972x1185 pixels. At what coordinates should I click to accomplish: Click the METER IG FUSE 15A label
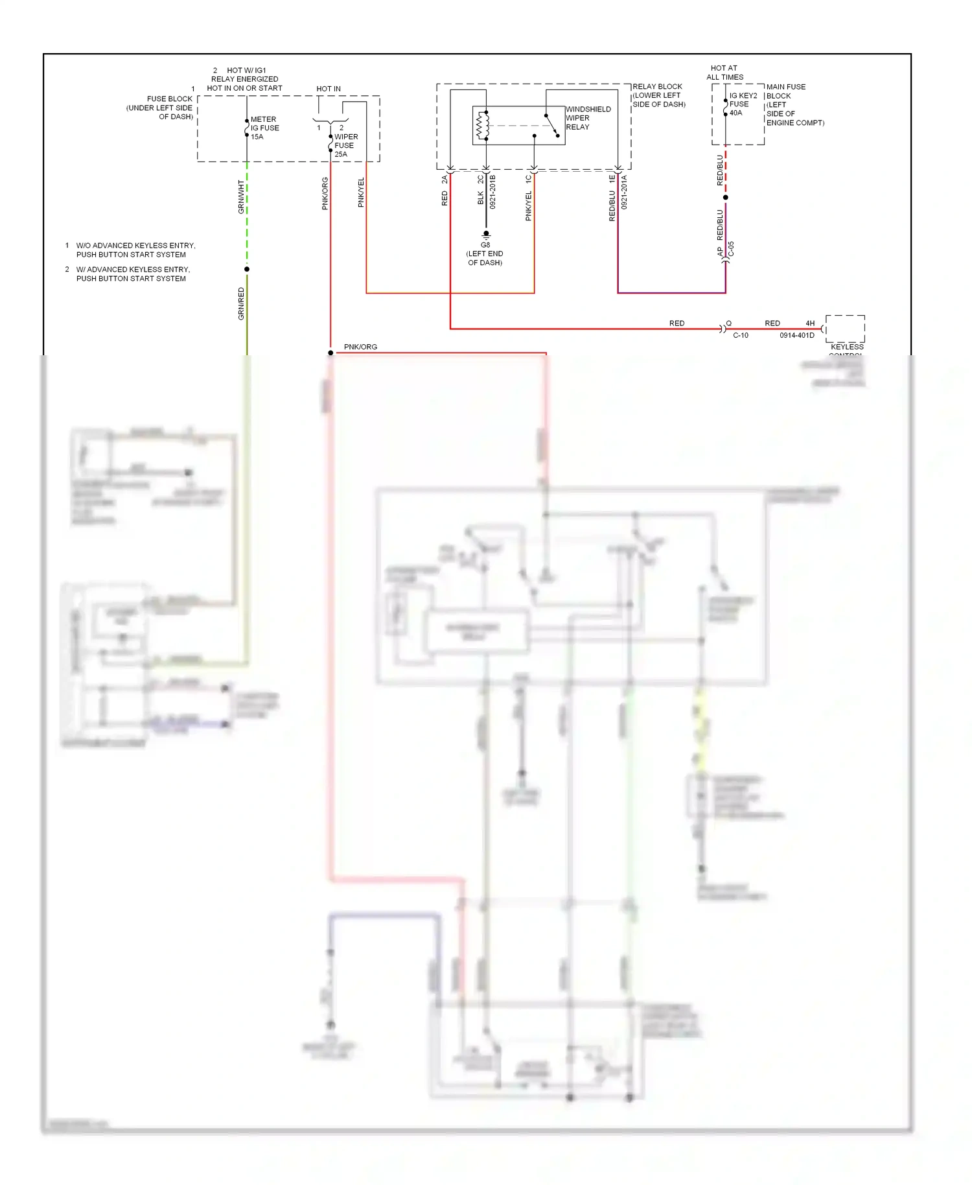pos(264,128)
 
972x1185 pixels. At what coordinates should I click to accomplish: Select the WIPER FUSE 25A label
pos(345,145)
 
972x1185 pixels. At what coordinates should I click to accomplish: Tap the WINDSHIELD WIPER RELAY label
pos(588,118)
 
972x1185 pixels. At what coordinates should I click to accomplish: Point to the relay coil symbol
pos(483,126)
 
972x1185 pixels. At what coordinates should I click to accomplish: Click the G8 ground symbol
pos(485,235)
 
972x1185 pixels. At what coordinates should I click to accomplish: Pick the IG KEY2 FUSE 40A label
pos(743,104)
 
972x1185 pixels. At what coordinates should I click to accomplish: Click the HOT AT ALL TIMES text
pos(724,73)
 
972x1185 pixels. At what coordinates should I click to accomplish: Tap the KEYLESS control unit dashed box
pos(845,329)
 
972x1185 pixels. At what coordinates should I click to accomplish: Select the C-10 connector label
pos(740,336)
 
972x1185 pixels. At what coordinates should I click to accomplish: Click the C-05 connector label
pos(731,249)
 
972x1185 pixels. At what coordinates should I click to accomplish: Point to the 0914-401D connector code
pos(796,336)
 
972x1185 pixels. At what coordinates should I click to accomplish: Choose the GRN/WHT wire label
pos(241,197)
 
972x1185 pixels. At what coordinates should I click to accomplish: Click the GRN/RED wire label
pos(241,303)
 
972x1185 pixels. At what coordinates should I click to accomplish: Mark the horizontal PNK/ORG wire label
pos(360,347)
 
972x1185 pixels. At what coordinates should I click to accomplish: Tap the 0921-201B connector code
pos(492,192)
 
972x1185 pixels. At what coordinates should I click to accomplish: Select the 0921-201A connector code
pos(625,192)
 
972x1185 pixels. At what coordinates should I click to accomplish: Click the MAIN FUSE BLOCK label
pos(794,104)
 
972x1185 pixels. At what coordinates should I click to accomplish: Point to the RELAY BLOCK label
pos(658,95)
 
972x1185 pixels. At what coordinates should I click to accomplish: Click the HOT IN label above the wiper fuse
pos(329,89)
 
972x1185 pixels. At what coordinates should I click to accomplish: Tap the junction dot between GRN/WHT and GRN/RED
pos(247,269)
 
